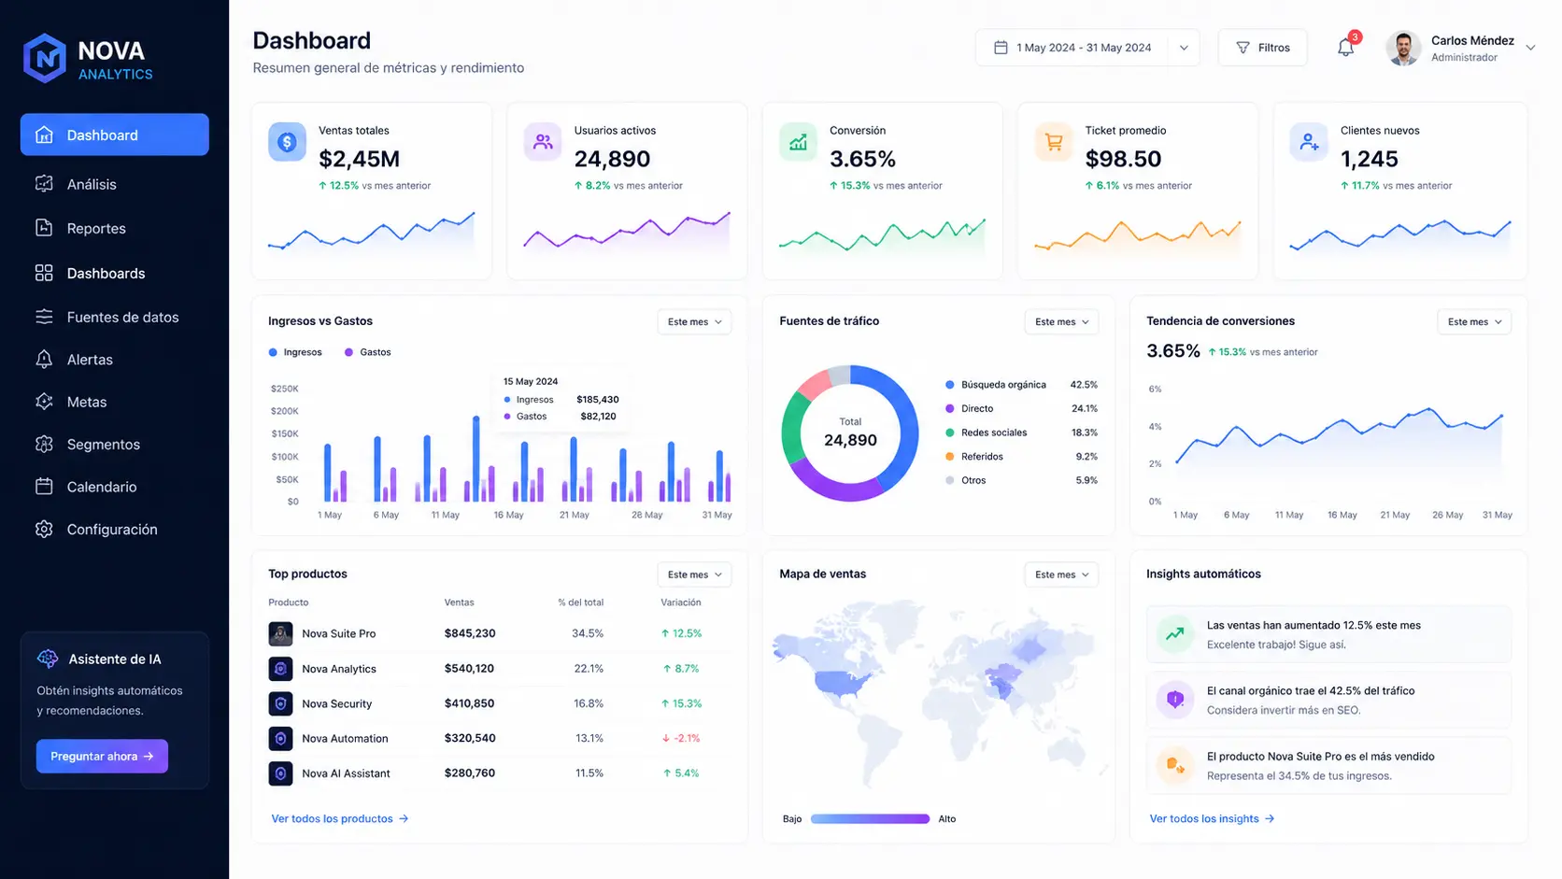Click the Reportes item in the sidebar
[95, 229]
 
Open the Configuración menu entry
[111, 530]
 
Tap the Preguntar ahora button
[102, 757]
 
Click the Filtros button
[1263, 48]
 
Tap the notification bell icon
[1346, 48]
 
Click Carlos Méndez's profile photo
[1403, 48]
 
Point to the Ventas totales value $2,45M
[359, 159]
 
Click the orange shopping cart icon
[1054, 141]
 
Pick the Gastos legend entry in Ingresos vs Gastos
[367, 352]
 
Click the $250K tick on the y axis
[285, 389]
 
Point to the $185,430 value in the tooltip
[598, 400]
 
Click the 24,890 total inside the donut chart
[850, 440]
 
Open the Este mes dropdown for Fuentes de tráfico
[1061, 322]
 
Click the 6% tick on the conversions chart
[1155, 389]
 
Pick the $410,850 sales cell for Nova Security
[469, 703]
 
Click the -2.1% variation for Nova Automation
[681, 738]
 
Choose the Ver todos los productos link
[340, 818]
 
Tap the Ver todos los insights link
[1212, 818]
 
